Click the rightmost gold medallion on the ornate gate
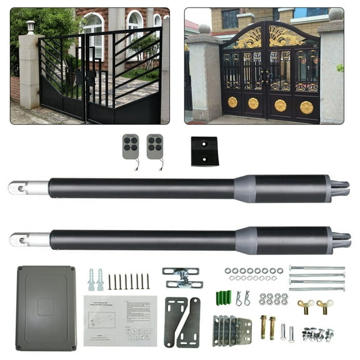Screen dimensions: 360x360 pyautogui.click(x=306, y=106)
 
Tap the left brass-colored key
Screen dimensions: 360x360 pyautogui.click(x=306, y=305)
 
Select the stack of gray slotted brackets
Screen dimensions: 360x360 pyautogui.click(x=232, y=329)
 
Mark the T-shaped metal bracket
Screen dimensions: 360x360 pyautogui.click(x=181, y=277)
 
